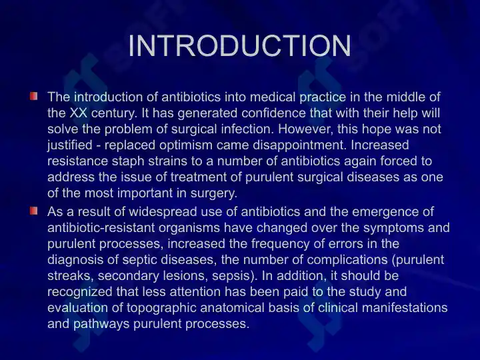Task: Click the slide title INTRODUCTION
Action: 240,45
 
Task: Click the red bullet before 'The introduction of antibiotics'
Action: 34,96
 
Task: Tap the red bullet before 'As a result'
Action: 34,211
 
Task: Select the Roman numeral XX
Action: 79,113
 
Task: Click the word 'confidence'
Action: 273,113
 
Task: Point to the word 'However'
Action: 306,129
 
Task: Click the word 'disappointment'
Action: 299,145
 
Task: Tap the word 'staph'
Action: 128,161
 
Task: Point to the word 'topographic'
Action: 161,307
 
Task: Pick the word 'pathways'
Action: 101,323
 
